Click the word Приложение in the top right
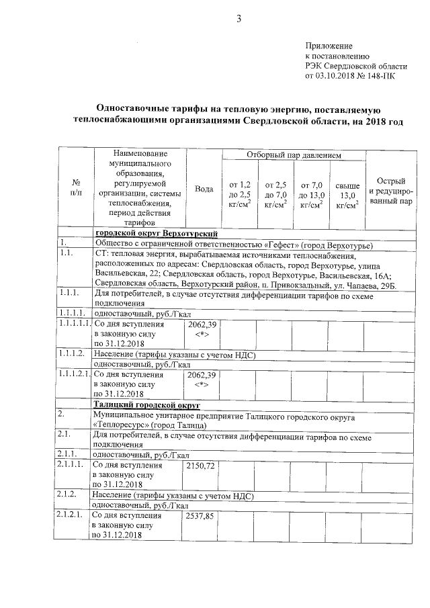tap(329, 44)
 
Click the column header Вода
tap(204, 189)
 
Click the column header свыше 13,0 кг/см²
tap(347, 194)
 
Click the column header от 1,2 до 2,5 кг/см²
tap(240, 194)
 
